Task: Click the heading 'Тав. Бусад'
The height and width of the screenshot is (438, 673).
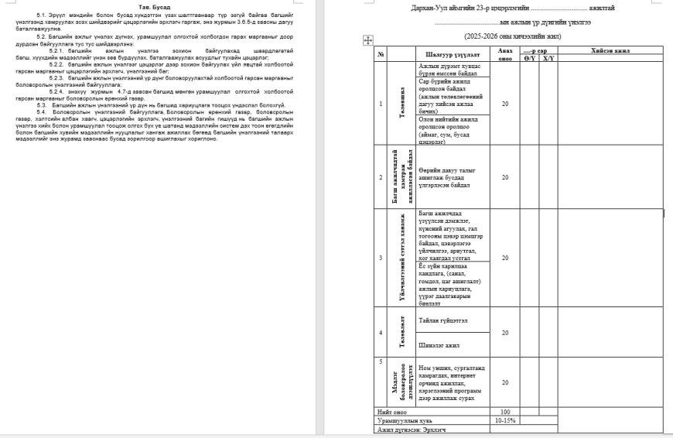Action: click(160, 6)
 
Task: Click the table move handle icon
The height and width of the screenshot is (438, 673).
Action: click(368, 40)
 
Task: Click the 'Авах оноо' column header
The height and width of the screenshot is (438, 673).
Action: click(504, 54)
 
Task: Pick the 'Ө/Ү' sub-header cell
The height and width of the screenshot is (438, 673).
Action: click(529, 58)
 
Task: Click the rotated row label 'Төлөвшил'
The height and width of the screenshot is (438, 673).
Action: click(402, 103)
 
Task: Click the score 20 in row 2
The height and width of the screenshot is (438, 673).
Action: click(504, 176)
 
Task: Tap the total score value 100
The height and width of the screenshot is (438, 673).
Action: click(504, 411)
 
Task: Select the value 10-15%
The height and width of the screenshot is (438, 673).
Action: click(504, 419)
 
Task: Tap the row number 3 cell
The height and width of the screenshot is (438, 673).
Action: click(380, 258)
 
